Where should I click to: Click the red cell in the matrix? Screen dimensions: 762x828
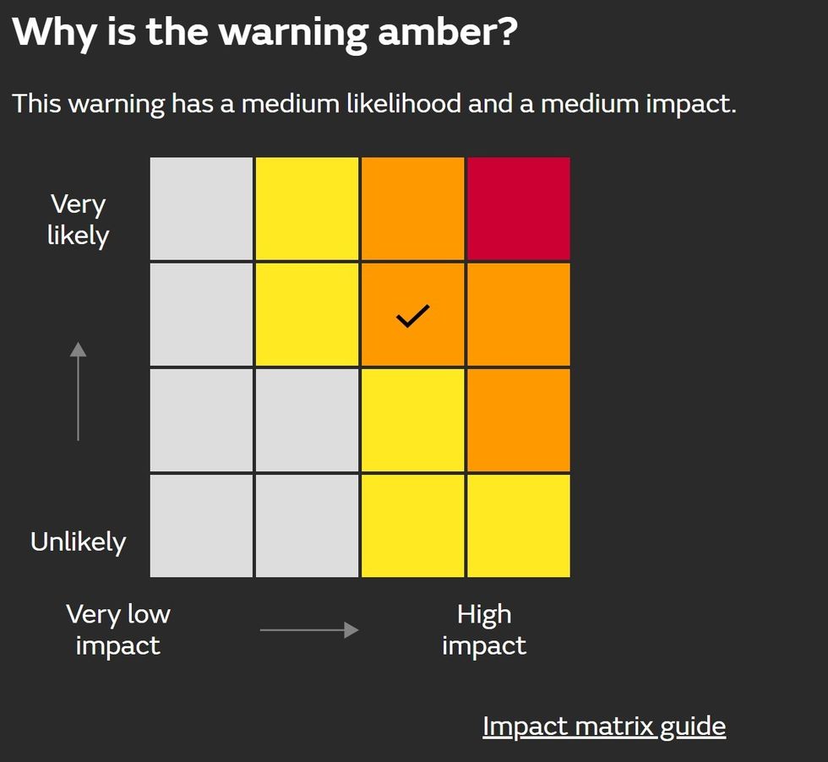pyautogui.click(x=518, y=209)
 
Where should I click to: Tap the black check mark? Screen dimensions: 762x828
pyautogui.click(x=413, y=316)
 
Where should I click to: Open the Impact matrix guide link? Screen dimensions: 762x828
pyautogui.click(x=603, y=726)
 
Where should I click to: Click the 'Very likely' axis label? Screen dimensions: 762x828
pyautogui.click(x=78, y=220)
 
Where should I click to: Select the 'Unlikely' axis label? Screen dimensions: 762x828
pyautogui.click(x=78, y=542)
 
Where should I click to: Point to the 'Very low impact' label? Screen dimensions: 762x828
pyautogui.click(x=118, y=629)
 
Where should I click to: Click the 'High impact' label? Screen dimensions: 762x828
pyautogui.click(x=484, y=629)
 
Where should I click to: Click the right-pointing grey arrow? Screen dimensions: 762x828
pyautogui.click(x=308, y=630)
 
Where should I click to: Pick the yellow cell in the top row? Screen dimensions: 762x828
pyautogui.click(x=307, y=209)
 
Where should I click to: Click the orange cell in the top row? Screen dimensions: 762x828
pyautogui.click(x=412, y=209)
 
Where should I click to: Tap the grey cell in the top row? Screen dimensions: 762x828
pyautogui.click(x=201, y=209)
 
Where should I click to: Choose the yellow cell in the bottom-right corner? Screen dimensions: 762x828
pyautogui.click(x=518, y=525)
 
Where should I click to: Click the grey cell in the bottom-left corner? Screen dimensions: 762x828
pyautogui.click(x=201, y=525)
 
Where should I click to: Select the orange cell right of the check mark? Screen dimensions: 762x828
pyautogui.click(x=518, y=314)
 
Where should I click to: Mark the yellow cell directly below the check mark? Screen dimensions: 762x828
pyautogui.click(x=412, y=420)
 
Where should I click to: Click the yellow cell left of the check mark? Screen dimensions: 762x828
pyautogui.click(x=307, y=314)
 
